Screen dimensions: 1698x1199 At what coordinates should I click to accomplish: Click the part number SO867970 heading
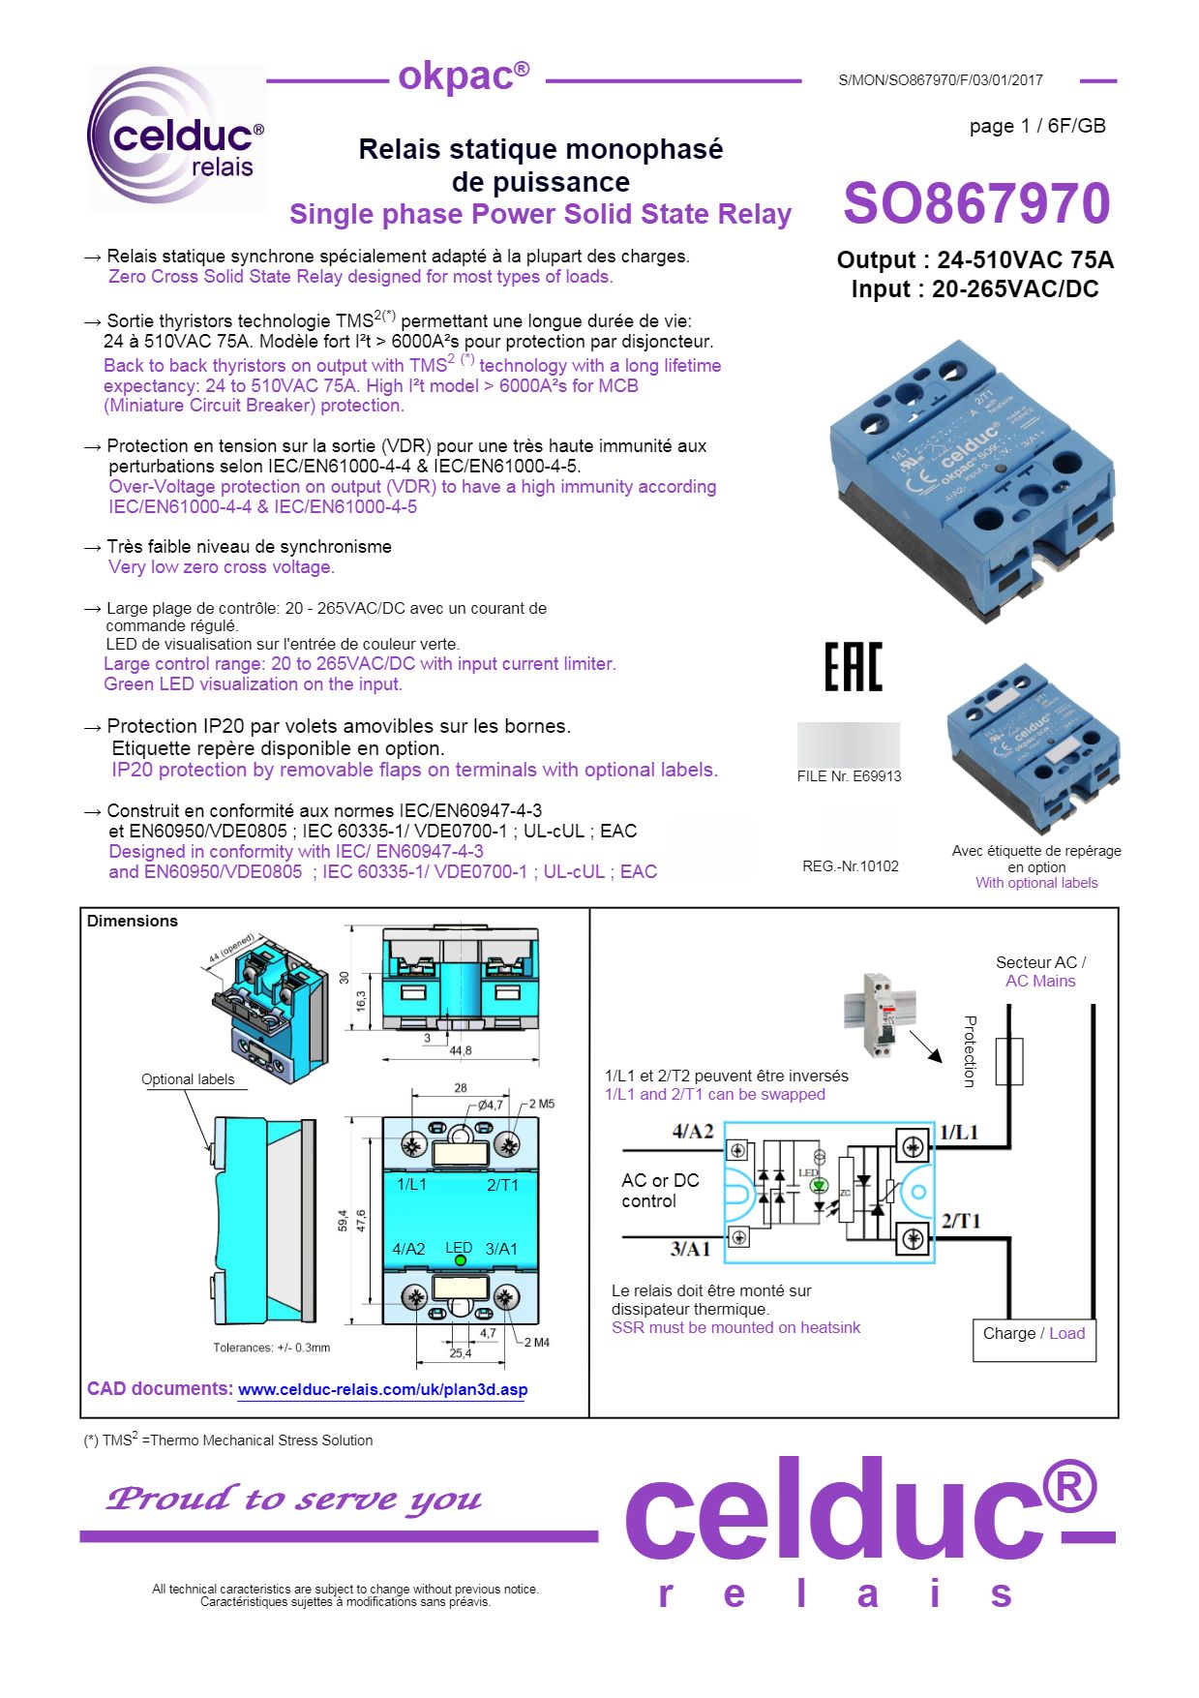point(975,203)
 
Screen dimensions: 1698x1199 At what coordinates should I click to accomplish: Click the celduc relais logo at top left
point(177,138)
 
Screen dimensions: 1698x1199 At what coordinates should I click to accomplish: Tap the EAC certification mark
point(853,667)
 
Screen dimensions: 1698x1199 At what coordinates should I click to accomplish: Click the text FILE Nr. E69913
point(849,776)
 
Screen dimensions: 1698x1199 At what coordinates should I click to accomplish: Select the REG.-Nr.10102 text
point(850,866)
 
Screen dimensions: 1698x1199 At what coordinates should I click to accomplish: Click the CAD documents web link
point(382,1390)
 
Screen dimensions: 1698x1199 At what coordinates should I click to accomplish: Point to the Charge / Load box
point(1034,1334)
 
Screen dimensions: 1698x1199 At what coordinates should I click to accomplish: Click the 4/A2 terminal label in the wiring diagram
point(693,1132)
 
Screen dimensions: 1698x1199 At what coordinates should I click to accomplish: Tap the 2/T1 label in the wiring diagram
point(960,1222)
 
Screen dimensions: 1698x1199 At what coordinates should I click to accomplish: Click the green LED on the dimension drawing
point(461,1260)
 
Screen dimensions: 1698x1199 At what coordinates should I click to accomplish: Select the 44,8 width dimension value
point(461,1050)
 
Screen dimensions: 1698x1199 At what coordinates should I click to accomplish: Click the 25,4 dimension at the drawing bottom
point(461,1353)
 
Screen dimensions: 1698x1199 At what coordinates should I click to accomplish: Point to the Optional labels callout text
point(188,1079)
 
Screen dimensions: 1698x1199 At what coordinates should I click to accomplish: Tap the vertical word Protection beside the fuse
point(971,1051)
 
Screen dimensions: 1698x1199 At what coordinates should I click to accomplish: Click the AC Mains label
point(1040,982)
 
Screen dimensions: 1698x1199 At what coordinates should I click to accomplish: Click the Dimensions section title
point(133,921)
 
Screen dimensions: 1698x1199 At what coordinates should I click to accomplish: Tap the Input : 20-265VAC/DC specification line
point(974,289)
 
